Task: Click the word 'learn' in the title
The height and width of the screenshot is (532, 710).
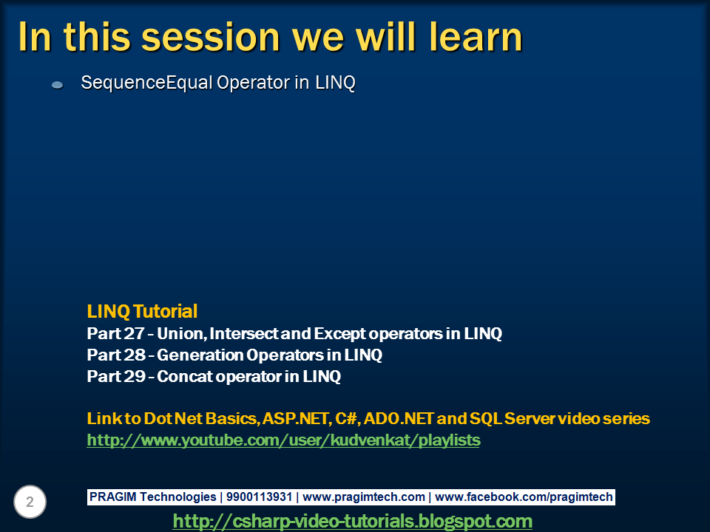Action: [x=467, y=37]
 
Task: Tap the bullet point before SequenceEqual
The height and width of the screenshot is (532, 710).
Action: [x=58, y=86]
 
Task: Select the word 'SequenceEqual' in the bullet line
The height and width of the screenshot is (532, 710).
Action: [x=146, y=83]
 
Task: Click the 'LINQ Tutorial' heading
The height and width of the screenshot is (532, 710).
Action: [x=142, y=311]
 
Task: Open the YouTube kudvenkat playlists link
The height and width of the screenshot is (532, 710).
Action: [x=283, y=440]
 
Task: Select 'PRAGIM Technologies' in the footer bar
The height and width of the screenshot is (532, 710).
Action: [x=153, y=497]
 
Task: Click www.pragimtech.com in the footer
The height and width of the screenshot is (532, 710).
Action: [x=364, y=497]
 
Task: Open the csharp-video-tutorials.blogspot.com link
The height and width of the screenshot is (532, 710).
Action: [x=352, y=521]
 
